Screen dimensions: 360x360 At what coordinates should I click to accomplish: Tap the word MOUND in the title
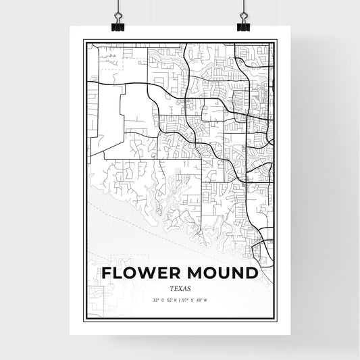click(x=224, y=273)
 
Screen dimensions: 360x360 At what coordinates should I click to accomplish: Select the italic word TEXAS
click(x=180, y=287)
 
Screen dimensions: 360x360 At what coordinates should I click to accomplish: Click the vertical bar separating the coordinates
click(x=180, y=299)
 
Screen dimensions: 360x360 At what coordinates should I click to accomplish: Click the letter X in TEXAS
click(x=180, y=287)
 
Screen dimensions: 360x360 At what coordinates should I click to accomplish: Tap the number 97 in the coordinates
click(x=187, y=299)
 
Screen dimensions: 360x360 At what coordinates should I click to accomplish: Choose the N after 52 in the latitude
click(x=175, y=299)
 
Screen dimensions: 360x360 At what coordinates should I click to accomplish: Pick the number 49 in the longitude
click(x=208, y=299)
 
